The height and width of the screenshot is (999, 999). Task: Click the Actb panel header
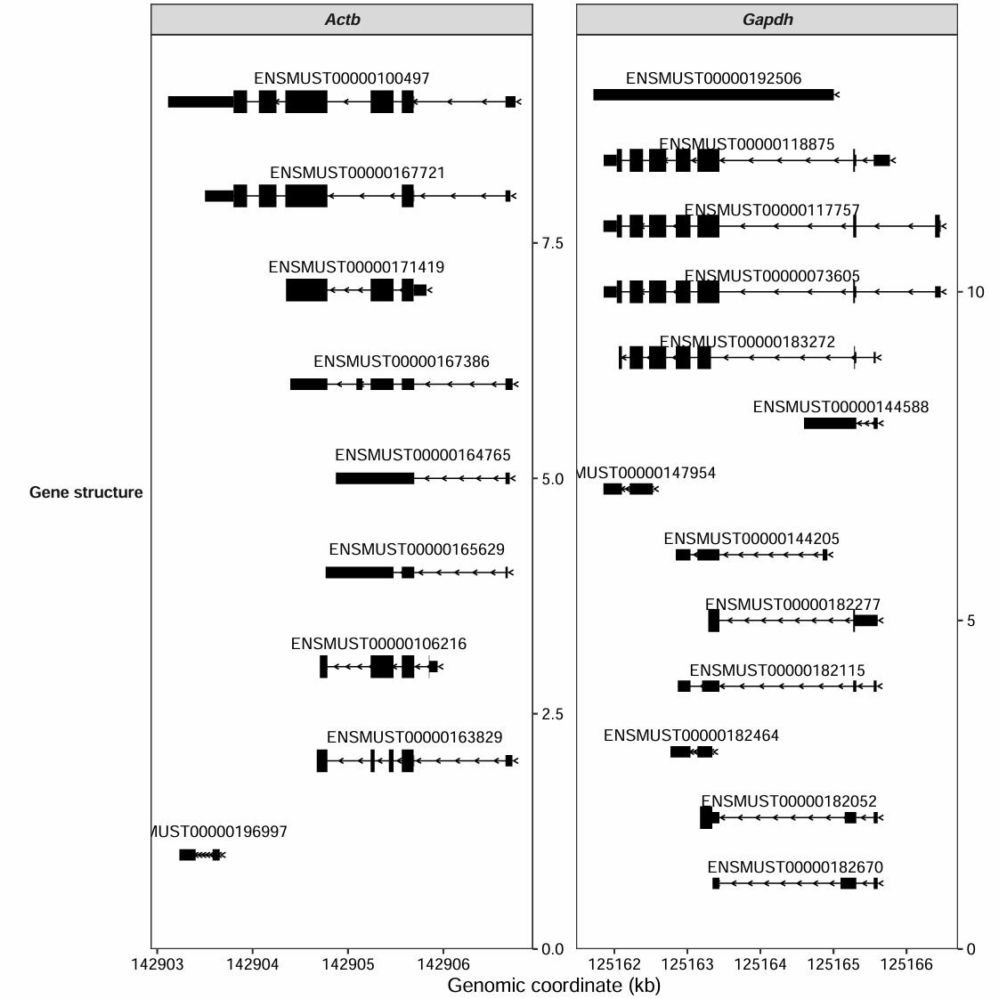coord(342,20)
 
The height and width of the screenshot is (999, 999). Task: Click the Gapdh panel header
coord(767,20)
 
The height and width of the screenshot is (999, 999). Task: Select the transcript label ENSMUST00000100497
coord(342,79)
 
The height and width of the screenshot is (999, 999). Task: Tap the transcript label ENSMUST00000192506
coord(713,79)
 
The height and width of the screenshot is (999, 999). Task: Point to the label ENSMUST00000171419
coord(356,267)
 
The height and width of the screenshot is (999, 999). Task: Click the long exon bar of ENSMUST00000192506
coord(713,94)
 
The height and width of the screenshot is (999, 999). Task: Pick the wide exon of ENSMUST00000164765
coord(375,478)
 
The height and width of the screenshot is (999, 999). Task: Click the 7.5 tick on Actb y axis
coord(552,243)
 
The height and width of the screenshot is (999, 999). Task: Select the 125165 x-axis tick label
coord(833,963)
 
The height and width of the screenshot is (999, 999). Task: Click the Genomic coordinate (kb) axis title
coord(554,985)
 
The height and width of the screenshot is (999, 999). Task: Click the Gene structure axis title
coord(85,492)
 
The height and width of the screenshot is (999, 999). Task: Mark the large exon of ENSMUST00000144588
coord(830,423)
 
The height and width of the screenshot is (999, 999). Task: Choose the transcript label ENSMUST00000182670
coord(795,867)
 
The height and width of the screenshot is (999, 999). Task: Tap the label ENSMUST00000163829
coord(414,737)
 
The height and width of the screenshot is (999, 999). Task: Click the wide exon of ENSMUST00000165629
coord(360,573)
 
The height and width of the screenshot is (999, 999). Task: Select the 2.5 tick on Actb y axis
coord(552,714)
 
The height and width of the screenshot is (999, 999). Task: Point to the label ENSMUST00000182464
coord(691,735)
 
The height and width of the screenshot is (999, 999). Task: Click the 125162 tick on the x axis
coord(614,963)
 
